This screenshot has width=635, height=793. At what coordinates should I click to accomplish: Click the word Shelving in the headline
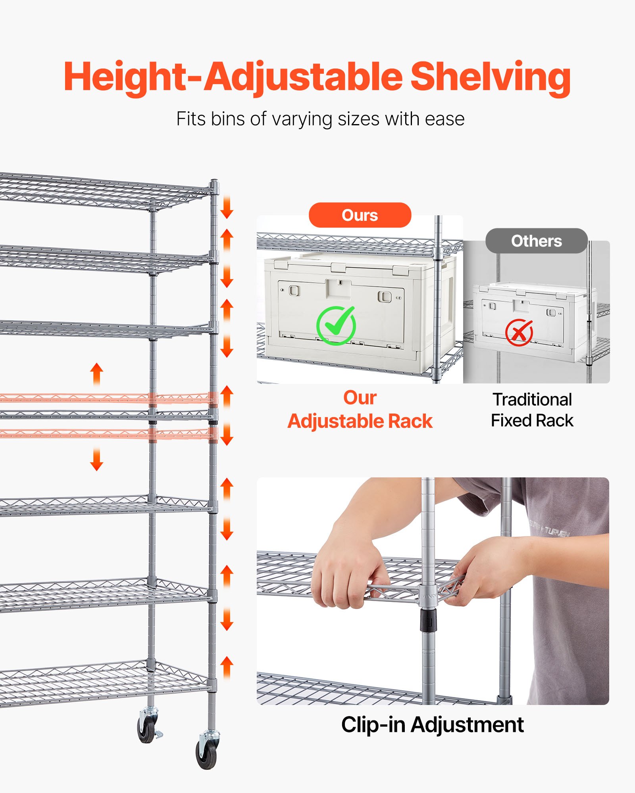490,77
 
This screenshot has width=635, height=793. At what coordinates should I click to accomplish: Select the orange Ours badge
360,215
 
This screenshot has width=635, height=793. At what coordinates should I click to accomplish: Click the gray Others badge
536,241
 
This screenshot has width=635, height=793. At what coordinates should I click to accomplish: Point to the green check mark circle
336,326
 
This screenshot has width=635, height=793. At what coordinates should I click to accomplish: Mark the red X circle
519,333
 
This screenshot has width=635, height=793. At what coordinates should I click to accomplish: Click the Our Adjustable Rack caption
360,410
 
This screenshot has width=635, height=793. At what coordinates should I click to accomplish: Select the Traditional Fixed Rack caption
532,410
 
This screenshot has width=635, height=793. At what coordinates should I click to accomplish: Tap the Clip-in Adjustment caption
432,725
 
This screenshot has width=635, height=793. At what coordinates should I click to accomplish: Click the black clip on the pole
429,620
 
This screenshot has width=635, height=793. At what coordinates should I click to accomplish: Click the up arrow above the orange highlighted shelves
96,374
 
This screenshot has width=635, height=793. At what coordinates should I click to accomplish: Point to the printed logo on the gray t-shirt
550,529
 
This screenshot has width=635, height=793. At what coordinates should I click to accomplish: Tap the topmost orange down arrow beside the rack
227,207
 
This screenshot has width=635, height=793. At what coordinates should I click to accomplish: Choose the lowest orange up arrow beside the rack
227,667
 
